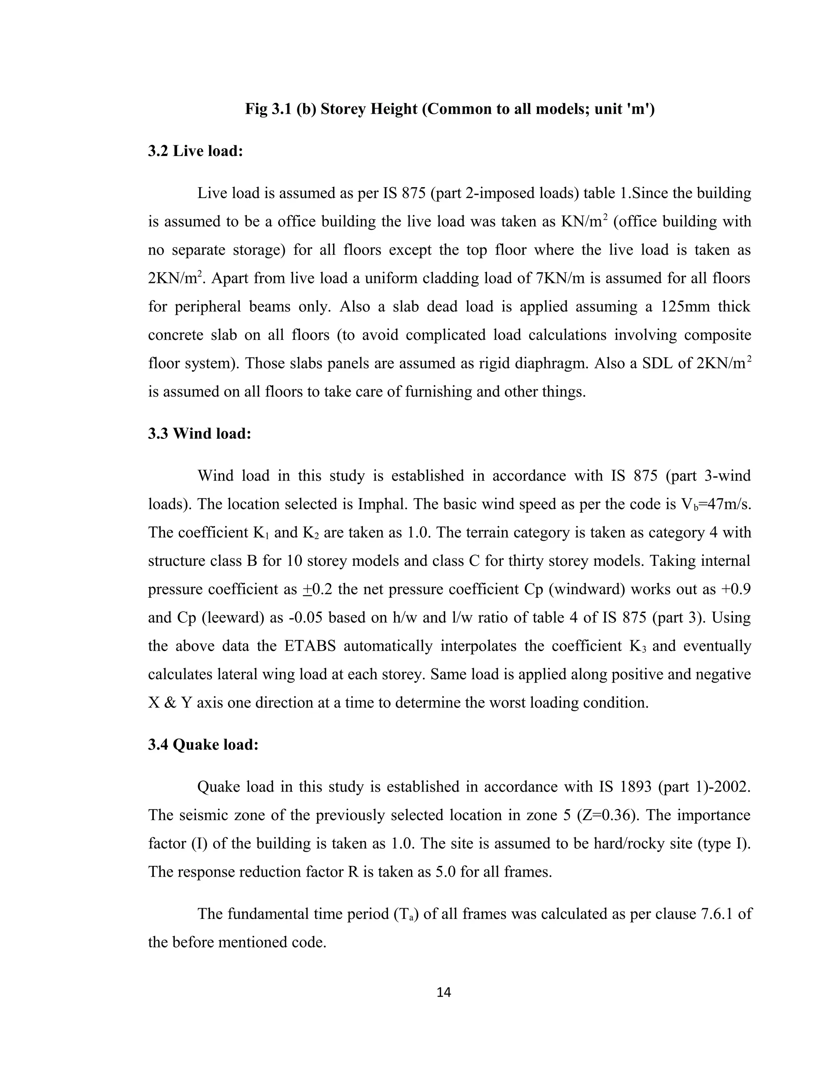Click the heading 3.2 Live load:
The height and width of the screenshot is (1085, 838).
coord(195,151)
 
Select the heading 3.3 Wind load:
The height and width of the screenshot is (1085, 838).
coord(200,434)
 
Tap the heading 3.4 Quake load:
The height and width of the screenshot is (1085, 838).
coord(203,745)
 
